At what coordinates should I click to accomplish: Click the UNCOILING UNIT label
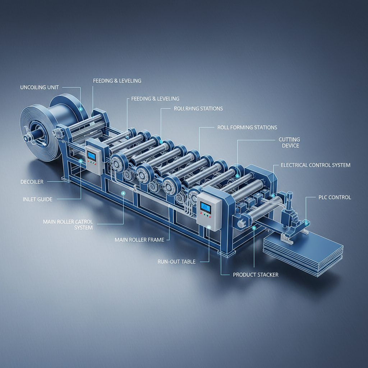[x=40, y=87]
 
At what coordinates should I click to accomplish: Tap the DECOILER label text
[x=32, y=182]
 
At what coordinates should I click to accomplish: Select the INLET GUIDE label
[x=37, y=199]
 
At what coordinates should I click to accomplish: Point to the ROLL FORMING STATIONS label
[x=247, y=127]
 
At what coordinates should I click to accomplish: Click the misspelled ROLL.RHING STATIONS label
[x=198, y=108]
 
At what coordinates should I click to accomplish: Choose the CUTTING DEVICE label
[x=289, y=142]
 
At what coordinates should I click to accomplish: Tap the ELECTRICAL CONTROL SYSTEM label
[x=315, y=165]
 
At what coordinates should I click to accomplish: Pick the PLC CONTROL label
[x=335, y=197]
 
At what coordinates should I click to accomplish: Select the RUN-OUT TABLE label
[x=176, y=262]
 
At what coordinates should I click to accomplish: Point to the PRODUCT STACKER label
[x=256, y=275]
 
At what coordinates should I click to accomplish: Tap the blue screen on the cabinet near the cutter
[x=206, y=207]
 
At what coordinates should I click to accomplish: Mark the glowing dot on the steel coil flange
[x=80, y=109]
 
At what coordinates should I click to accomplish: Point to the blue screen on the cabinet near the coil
[x=92, y=155]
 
